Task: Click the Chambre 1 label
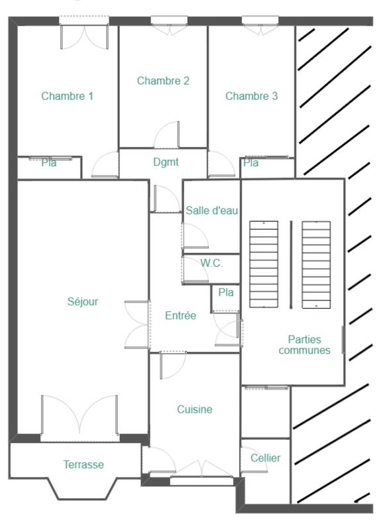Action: (67, 96)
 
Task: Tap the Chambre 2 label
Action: (163, 81)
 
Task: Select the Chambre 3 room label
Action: (251, 96)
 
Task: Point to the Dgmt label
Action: (166, 161)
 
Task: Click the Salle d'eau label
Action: (211, 210)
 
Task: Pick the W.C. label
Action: (211, 263)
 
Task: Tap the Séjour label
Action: (83, 301)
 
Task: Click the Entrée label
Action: (180, 316)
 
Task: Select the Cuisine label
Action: (195, 409)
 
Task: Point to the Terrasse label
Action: (83, 464)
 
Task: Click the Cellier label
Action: (265, 458)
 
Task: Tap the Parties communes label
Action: (304, 344)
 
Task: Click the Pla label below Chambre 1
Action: (49, 163)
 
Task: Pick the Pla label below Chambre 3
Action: (250, 163)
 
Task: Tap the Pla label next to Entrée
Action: (226, 292)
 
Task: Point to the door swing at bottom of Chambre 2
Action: (167, 136)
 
